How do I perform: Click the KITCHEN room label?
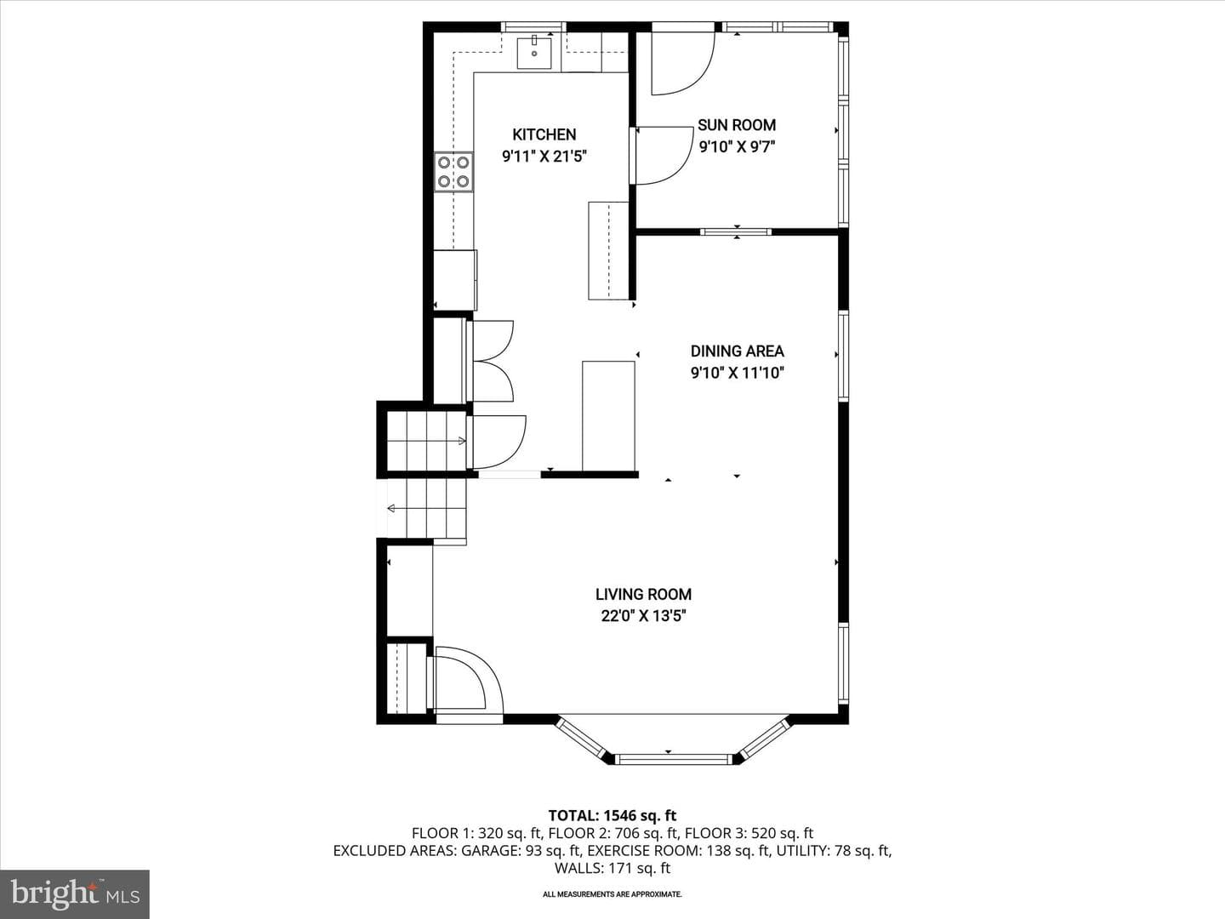pos(544,134)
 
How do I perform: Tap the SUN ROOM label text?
pos(737,125)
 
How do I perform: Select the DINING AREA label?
pos(738,351)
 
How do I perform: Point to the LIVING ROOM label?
pos(643,594)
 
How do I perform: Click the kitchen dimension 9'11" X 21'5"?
pos(544,157)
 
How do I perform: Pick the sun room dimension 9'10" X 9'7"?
pos(737,146)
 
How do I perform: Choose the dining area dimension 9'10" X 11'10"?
pos(738,372)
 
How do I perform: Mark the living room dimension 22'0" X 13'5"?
pos(643,616)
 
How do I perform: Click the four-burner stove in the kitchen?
pos(453,172)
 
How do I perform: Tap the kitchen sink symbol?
pos(534,53)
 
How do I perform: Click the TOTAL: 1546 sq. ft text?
pos(612,816)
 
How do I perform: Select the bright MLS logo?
pos(75,893)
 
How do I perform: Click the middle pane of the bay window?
pos(673,759)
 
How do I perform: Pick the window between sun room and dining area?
pos(737,231)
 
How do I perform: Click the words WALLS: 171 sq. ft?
pos(612,868)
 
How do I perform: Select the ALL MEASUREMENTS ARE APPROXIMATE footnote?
pos(612,894)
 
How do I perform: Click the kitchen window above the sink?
pos(533,26)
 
